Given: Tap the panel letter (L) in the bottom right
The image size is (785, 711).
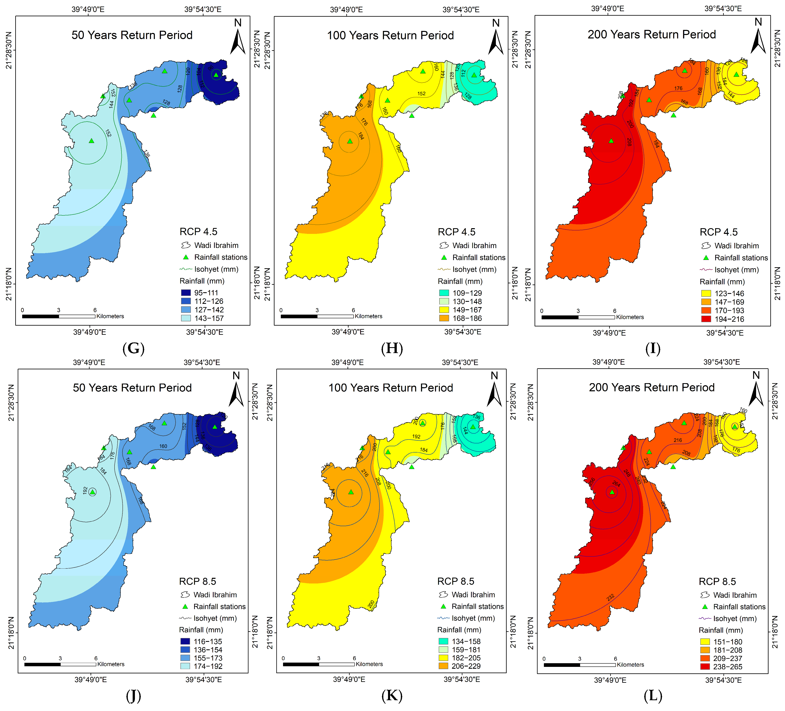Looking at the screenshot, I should point(653,695).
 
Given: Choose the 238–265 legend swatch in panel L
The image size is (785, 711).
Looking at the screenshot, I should point(705,666).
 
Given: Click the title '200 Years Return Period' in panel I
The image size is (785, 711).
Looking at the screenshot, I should point(652,35).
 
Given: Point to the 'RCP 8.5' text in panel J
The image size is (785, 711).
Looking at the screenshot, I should point(197,581).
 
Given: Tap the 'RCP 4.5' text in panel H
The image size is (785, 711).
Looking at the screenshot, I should point(456,232).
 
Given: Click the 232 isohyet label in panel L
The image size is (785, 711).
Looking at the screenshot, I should point(610,597).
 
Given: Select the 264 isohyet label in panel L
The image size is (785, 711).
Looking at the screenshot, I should point(616,484).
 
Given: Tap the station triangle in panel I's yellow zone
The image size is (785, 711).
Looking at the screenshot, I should point(736,74).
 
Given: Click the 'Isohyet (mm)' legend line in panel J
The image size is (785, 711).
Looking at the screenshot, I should point(185,618).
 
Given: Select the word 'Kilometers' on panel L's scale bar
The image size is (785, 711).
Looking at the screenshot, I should point(630,665).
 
